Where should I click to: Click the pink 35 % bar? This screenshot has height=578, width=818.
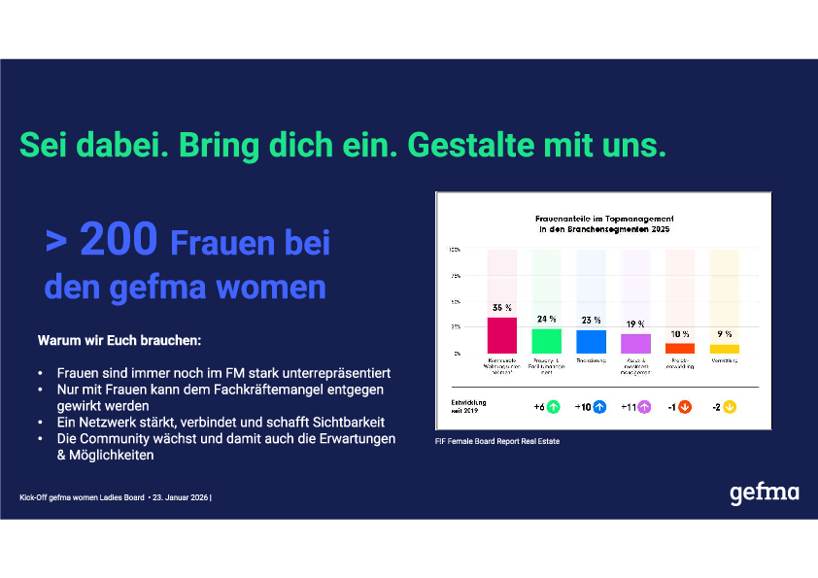point(502,335)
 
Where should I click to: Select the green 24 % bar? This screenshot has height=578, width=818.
point(547,341)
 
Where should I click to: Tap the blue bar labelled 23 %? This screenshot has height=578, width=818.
point(591,342)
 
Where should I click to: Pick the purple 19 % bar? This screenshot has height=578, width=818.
point(635,344)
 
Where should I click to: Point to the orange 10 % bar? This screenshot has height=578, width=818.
point(680,348)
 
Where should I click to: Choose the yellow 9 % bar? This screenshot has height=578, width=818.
point(725,349)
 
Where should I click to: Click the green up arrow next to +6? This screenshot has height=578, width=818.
point(555,406)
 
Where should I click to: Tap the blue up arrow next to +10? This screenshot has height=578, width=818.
point(599,406)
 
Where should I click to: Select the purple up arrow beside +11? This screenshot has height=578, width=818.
point(643,406)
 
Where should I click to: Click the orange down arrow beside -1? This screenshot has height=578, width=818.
point(685,406)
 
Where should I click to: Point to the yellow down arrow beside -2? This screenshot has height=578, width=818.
point(730,406)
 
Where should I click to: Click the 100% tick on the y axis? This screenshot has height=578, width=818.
point(455,250)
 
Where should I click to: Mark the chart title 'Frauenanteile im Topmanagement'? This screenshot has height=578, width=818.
point(605,220)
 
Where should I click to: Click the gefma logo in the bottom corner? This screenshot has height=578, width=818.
point(764,493)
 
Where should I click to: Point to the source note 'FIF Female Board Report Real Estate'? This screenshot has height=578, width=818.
point(497,442)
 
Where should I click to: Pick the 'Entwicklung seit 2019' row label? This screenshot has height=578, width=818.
point(468,406)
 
